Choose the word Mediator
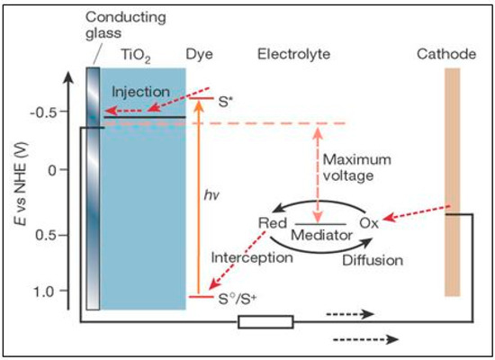coord(317,236)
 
